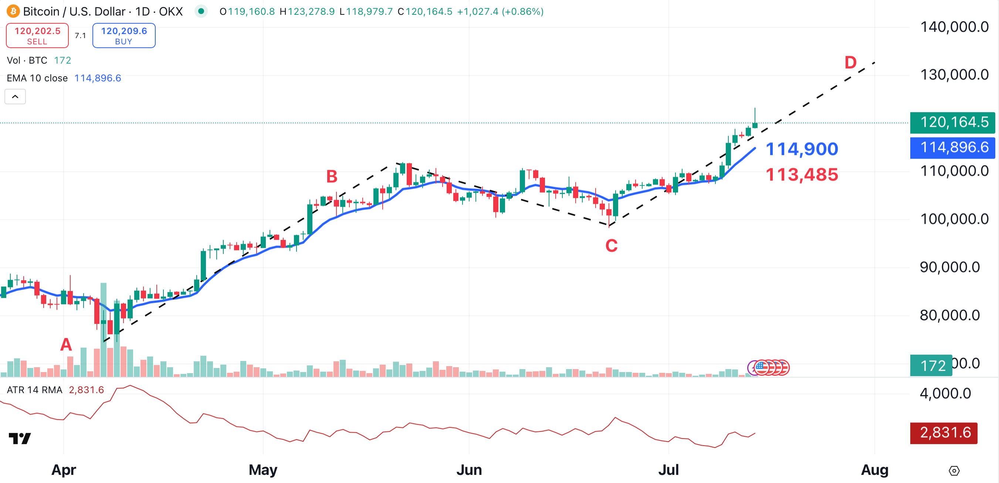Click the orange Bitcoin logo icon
click(x=13, y=11)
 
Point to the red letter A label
click(x=66, y=344)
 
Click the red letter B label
click(x=332, y=176)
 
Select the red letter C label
click(x=611, y=246)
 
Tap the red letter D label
click(x=850, y=63)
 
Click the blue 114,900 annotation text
click(x=802, y=149)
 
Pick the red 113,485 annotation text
click(x=802, y=175)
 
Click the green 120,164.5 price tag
click(x=952, y=122)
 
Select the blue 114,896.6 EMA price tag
click(x=952, y=148)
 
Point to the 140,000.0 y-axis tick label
click(x=954, y=27)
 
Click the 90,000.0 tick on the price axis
click(x=949, y=267)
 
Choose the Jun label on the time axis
click(x=469, y=470)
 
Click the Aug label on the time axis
click(x=874, y=470)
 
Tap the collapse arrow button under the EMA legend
click(x=15, y=97)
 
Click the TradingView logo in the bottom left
click(x=20, y=438)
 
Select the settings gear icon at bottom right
click(x=954, y=470)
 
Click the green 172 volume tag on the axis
click(x=931, y=365)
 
